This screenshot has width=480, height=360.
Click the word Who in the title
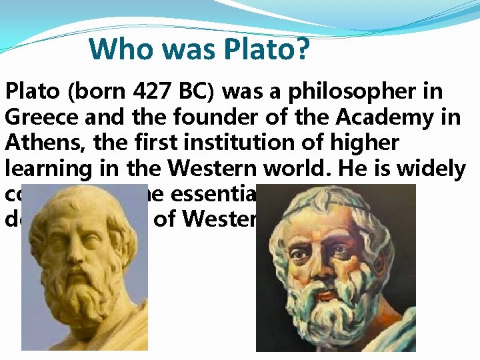[116, 49]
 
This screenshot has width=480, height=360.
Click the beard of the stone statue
[83, 300]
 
